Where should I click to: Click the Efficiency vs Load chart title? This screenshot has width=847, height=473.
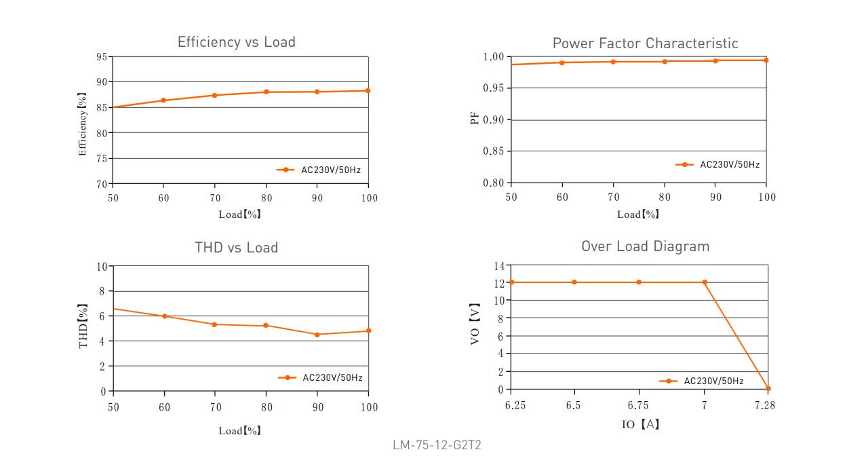[236, 42]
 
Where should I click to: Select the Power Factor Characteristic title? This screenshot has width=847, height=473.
[645, 43]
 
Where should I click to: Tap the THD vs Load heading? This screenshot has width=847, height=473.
[236, 248]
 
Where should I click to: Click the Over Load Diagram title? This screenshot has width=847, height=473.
[645, 246]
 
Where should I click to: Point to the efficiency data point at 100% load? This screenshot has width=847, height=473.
[368, 90]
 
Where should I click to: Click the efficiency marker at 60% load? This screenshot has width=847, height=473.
[163, 100]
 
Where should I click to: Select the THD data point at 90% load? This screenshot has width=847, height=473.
[317, 335]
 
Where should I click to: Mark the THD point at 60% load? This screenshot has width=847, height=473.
[164, 316]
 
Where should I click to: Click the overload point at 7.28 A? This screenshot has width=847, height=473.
[768, 389]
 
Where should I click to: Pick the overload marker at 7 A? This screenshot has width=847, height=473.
[705, 282]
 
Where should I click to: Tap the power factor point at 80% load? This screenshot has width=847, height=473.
[665, 62]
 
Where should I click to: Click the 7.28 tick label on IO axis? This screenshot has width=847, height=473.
[764, 405]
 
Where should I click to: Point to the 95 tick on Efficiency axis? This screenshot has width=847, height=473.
[101, 57]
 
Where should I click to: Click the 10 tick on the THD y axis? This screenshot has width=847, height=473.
[102, 267]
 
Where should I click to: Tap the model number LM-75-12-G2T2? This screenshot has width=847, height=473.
[437, 446]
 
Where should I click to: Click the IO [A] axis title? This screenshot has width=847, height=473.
[640, 424]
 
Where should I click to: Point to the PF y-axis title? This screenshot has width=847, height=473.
[475, 119]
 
